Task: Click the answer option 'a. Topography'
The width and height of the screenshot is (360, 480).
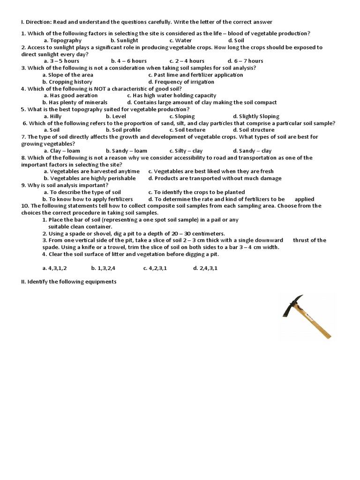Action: pos(62,40)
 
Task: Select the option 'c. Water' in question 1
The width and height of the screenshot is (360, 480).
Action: pos(180,40)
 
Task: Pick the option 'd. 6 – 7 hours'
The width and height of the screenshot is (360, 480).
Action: pos(245,61)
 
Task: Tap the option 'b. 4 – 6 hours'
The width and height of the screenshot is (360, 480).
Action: pos(129,61)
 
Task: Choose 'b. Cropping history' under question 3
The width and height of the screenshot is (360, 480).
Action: pos(67,82)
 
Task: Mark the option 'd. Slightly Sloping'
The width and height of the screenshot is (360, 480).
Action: pos(256,116)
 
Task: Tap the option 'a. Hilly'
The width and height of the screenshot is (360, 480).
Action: pos(52,116)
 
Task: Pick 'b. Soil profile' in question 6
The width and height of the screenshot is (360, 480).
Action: pos(123,130)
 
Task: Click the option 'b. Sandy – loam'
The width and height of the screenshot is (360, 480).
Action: pos(127,150)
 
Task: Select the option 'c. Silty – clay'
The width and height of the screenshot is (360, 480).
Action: pos(186,150)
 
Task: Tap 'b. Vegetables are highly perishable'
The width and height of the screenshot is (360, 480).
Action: pos(90,178)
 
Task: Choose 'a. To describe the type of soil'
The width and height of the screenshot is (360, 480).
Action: pos(82,192)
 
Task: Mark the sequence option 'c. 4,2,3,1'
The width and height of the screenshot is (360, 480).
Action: pos(155,268)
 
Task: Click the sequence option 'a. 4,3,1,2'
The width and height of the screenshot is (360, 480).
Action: pos(54,268)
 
